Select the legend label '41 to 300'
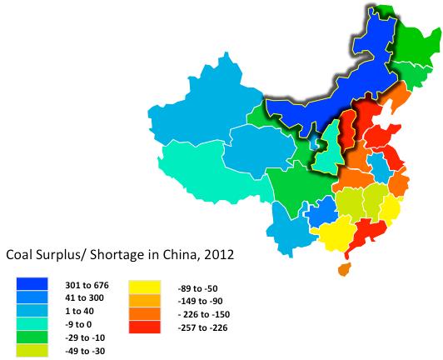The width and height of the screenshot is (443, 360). [x=87, y=298]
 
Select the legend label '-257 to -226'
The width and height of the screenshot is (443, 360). [x=203, y=325]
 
